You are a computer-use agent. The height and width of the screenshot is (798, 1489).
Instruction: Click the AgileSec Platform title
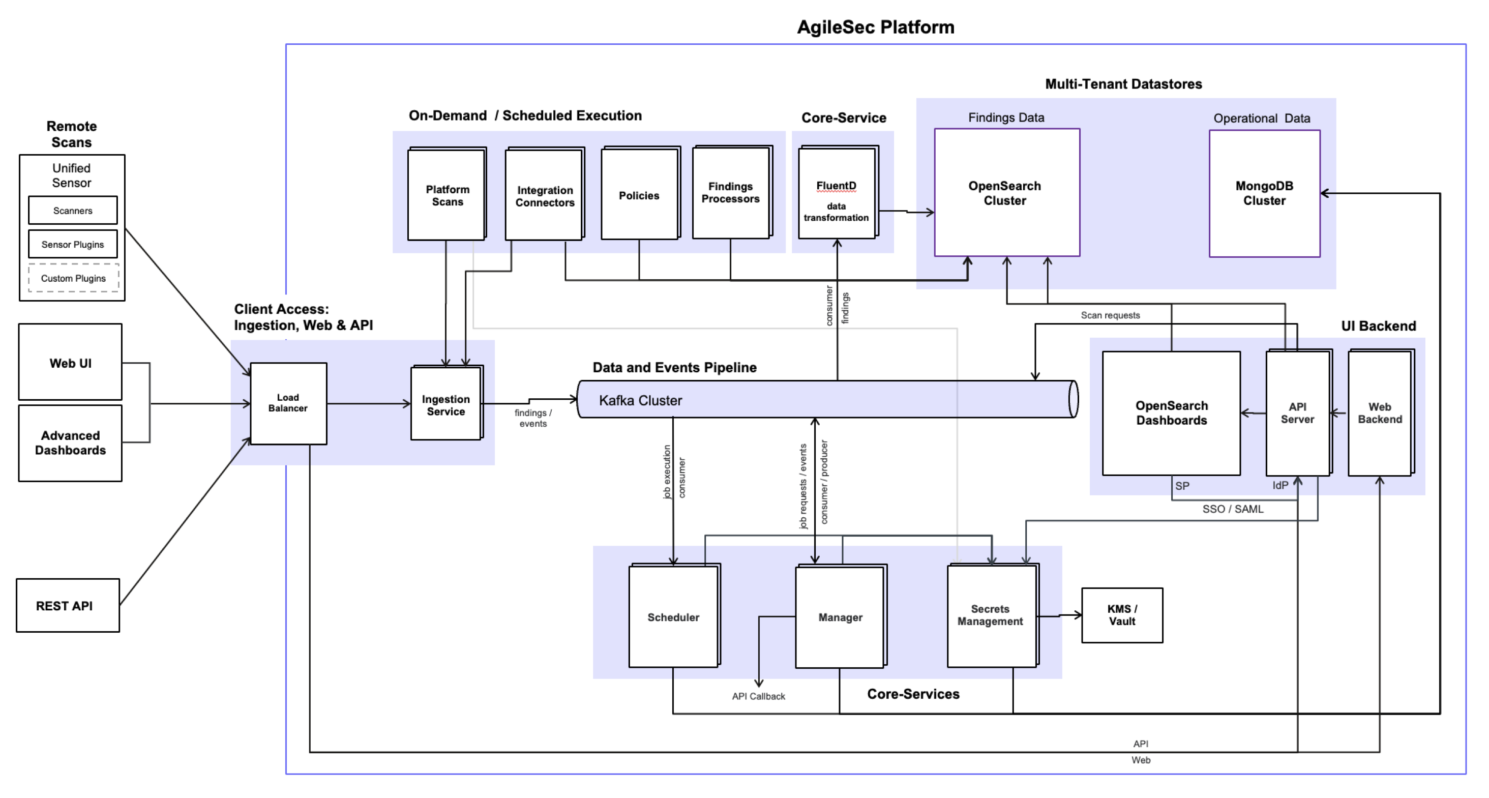(875, 27)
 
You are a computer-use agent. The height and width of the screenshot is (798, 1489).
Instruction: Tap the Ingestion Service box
(445, 404)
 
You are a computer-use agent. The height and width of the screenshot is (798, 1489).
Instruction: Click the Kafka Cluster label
(640, 400)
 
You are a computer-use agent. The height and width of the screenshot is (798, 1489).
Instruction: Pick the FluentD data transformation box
(836, 194)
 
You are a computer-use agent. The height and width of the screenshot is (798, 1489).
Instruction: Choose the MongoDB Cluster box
(1264, 193)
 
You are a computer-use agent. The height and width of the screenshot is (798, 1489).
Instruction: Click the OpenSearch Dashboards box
(1171, 413)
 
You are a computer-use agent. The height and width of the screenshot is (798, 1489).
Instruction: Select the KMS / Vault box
(1121, 615)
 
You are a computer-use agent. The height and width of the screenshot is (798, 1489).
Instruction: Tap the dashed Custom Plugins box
(73, 278)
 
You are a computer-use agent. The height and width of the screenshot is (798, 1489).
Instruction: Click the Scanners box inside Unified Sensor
(73, 211)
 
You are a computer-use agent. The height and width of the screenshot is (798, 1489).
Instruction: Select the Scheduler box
(673, 617)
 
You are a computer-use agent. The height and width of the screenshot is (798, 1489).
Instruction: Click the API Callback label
(758, 696)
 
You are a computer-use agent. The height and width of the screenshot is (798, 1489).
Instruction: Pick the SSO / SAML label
(1232, 509)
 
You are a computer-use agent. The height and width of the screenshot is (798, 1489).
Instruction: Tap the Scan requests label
(1110, 315)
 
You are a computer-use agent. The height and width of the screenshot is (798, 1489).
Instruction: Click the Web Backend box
(1379, 413)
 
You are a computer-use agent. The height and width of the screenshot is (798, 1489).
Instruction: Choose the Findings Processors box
(730, 193)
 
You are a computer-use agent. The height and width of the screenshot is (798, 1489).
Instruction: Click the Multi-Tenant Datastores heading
(1123, 84)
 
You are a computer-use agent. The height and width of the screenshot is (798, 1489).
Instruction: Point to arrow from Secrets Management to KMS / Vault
(1059, 615)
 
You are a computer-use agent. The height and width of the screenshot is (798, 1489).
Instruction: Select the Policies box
(639, 195)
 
